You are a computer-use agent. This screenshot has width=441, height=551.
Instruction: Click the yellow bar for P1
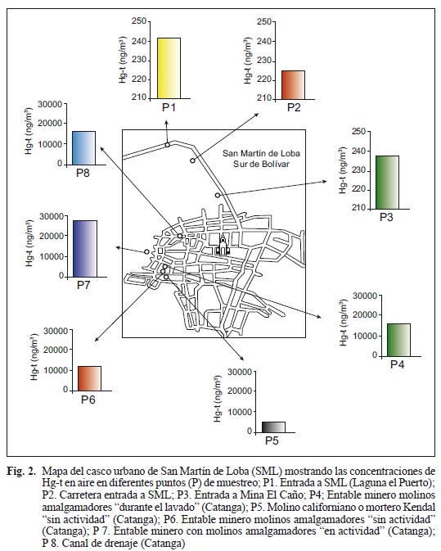pos(169,68)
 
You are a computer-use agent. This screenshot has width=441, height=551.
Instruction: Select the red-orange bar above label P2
pos(293,85)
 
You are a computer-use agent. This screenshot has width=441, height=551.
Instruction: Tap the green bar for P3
pos(387,183)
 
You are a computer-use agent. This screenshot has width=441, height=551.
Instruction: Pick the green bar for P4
pos(398,340)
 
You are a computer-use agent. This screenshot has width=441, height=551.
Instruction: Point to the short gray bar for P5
pos(273,427)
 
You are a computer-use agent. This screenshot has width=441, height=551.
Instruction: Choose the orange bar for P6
pos(89,378)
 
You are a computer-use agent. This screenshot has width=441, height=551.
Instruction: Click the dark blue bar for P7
pos(85,249)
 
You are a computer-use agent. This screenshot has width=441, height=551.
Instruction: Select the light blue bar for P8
pos(83,148)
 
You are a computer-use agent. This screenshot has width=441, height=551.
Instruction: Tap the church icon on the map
pos(223,246)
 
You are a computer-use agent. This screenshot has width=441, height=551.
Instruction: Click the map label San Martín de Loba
pos(261,154)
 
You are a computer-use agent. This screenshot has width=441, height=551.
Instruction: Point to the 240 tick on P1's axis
pos(140,41)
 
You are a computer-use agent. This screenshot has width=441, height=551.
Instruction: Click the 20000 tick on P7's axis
pos(52,236)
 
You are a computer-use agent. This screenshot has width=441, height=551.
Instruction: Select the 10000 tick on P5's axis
pos(240,412)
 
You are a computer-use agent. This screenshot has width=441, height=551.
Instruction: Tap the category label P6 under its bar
pos(88,400)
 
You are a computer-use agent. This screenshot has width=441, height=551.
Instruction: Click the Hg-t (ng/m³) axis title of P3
pos(342,170)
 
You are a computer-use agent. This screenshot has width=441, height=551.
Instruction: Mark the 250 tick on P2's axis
pos(264,22)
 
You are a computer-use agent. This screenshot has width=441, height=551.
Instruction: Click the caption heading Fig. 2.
pos(20,471)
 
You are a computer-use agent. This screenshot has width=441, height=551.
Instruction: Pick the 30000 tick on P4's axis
pos(365,296)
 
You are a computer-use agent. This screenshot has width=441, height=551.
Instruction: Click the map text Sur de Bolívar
pos(261,164)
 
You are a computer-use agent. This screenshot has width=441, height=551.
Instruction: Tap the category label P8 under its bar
pos(83,174)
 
